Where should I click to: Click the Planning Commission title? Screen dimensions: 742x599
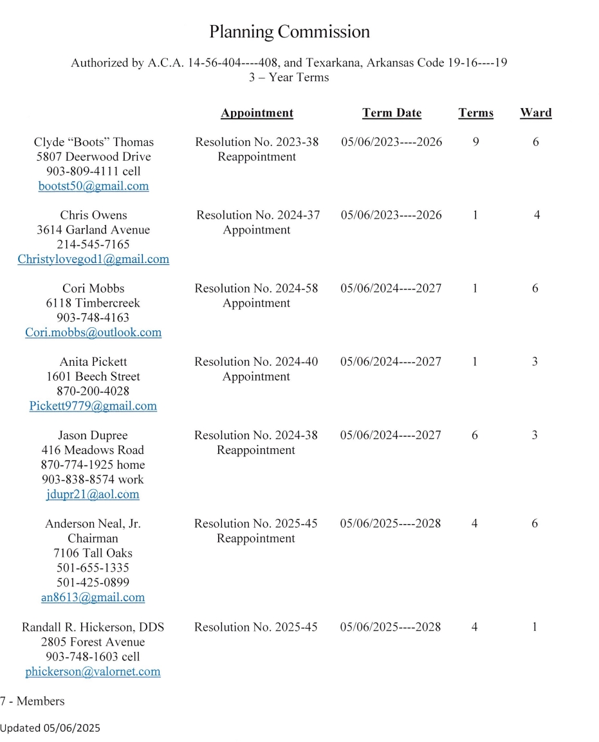(290, 32)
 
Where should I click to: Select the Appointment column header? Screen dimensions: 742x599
(257, 113)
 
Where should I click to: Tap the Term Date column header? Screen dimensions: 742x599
(391, 113)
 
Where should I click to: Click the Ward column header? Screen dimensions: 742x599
(535, 113)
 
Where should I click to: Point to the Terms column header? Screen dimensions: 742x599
(475, 113)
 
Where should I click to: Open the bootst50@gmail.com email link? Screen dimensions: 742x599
(93, 186)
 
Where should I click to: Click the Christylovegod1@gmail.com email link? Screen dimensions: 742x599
(93, 259)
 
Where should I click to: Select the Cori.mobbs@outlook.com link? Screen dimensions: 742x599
(93, 332)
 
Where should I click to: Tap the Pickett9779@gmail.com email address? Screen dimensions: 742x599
(93, 406)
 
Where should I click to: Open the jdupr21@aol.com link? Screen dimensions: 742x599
(93, 494)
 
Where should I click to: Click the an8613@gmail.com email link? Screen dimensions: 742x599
(93, 597)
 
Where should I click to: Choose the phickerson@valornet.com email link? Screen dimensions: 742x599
(93, 672)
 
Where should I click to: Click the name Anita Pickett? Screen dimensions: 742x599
(93, 362)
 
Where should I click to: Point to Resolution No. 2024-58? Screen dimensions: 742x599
(256, 289)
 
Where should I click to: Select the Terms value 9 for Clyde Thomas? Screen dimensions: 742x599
(475, 142)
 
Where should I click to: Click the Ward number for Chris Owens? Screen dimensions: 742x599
(537, 215)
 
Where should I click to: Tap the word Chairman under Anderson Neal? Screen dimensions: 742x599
(93, 538)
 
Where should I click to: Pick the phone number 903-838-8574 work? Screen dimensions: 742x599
(93, 480)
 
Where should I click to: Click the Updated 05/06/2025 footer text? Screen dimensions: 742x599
(50, 728)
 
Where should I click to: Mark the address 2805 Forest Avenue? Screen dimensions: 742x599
(93, 642)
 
